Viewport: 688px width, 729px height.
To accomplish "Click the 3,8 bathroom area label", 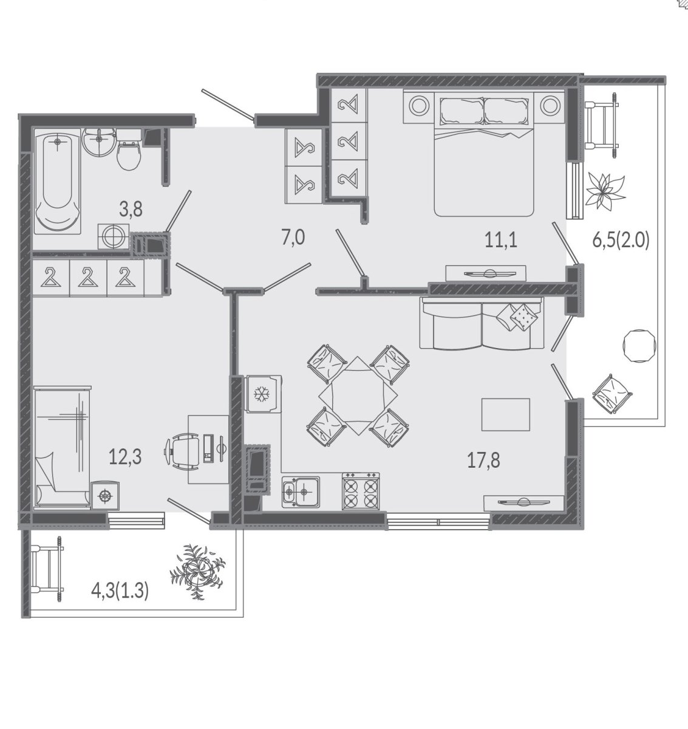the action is tap(131, 210).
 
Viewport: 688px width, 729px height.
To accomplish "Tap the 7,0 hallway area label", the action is tap(293, 238).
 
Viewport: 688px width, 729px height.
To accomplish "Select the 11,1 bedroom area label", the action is tap(501, 241).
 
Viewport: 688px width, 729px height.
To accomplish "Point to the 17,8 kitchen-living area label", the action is tap(483, 460).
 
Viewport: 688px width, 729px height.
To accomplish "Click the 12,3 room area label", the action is tap(125, 457).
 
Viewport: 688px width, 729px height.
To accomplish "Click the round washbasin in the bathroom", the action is tap(99, 142).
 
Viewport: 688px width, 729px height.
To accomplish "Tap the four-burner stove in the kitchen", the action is tap(361, 491).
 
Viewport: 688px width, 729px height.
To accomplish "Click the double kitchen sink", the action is tap(301, 492).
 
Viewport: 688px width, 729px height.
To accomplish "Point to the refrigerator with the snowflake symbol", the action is tap(263, 394).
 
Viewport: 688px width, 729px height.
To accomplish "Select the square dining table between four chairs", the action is tap(358, 395).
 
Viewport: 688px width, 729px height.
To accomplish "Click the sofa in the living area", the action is tap(482, 323).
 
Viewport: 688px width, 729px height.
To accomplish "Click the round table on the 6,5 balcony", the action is tap(639, 346).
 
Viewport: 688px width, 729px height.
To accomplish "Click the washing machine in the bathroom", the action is tap(114, 236).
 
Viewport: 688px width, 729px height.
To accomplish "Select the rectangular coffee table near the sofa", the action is tap(506, 414).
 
